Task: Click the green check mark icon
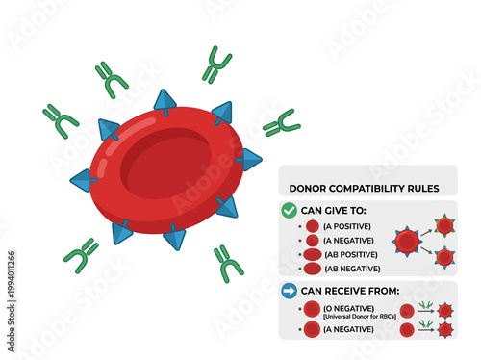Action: (x=289, y=209)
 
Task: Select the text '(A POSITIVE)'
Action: (x=344, y=226)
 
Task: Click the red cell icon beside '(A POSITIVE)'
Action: (x=312, y=226)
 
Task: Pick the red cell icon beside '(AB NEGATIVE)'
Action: (x=312, y=269)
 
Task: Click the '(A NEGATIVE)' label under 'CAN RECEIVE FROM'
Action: (x=347, y=329)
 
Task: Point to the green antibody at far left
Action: (x=61, y=119)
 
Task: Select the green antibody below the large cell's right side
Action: (x=228, y=263)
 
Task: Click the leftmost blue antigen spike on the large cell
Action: (x=83, y=180)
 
